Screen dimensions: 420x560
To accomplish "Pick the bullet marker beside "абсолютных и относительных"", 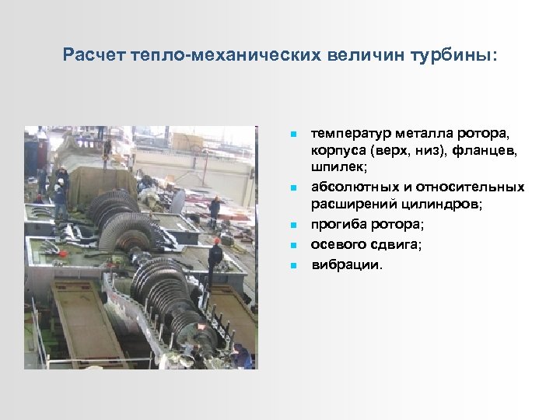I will (x=293, y=188).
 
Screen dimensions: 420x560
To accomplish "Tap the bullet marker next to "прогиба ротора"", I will (x=293, y=226).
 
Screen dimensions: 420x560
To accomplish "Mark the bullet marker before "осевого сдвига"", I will (x=293, y=245).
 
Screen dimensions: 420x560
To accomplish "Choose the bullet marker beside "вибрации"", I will (x=293, y=264).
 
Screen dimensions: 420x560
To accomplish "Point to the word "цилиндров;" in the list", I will (x=443, y=206).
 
